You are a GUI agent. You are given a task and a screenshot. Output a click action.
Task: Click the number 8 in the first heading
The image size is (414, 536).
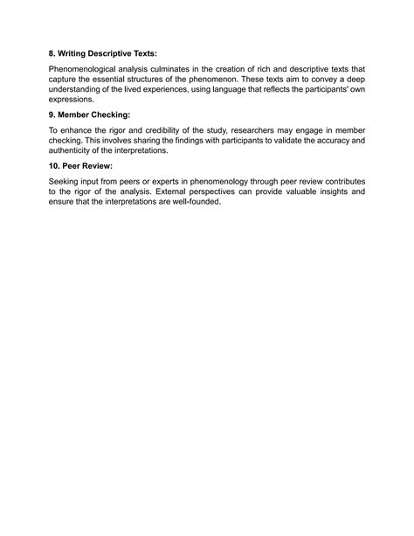pos(52,53)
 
